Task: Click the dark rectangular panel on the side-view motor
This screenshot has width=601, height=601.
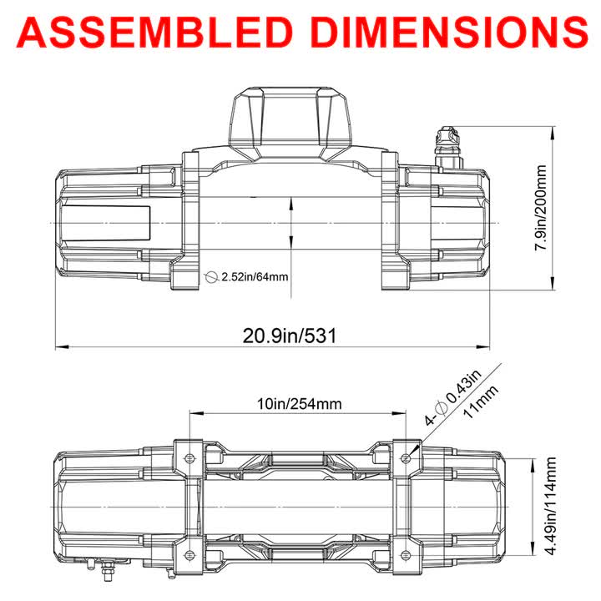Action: pyautogui.click(x=104, y=223)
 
